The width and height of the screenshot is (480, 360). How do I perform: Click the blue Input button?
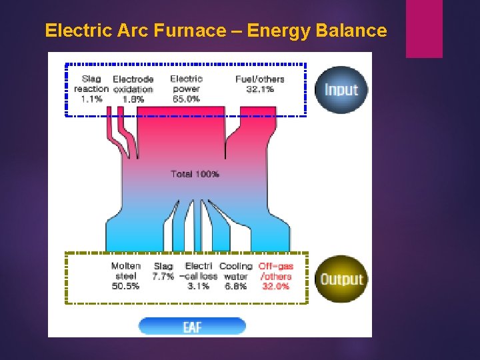pos(341,90)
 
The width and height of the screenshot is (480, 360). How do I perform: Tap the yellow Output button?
pos(341,279)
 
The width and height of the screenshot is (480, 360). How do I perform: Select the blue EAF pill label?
pos(192,327)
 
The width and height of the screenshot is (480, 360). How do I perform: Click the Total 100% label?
pos(195,174)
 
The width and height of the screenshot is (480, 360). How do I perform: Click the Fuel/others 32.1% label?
pos(260,84)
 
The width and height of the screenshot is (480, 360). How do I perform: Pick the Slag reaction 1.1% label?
pos(91,89)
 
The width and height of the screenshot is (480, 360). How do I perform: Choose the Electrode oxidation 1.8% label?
pos(133,89)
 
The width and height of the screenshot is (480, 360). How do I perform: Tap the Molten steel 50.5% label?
pos(126,276)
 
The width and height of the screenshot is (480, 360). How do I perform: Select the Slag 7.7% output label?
pos(163,271)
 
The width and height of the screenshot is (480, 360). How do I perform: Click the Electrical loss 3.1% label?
pos(199,276)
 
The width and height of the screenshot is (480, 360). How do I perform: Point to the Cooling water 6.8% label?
pos(236,276)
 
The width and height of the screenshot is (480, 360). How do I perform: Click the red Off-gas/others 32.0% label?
pos(276,276)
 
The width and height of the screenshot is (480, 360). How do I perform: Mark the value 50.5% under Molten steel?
pos(126,286)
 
